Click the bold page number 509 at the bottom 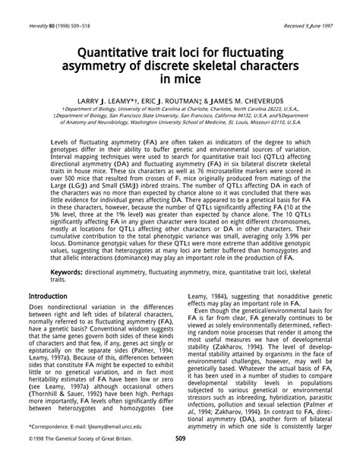tap(181, 459)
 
